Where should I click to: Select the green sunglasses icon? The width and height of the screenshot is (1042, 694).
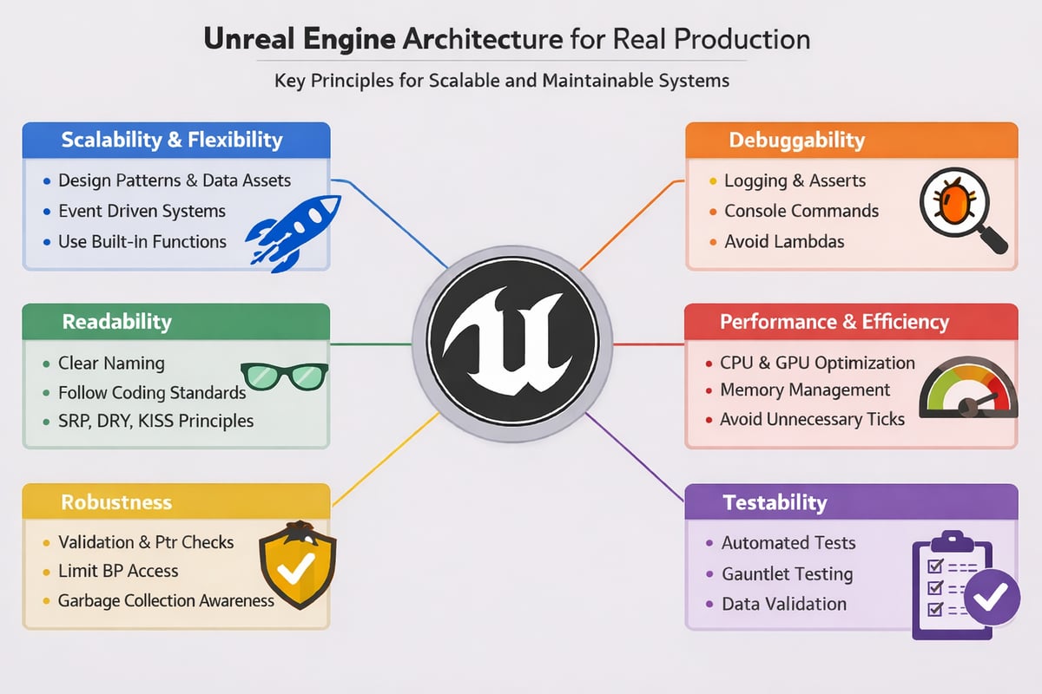coord(283,376)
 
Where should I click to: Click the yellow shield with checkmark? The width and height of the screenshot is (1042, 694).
coord(298,563)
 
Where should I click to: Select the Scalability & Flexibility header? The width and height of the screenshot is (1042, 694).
coord(172,140)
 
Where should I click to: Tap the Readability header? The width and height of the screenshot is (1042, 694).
coord(116,322)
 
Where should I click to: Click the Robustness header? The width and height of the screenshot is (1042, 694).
coord(116,502)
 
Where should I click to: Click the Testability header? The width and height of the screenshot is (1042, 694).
coord(775,502)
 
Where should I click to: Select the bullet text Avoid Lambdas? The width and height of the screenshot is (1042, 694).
coord(784,242)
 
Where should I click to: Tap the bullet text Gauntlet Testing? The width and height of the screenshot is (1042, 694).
coord(787,574)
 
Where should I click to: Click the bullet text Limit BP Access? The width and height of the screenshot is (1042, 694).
coord(118,571)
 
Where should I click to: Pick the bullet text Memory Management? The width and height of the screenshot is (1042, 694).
coord(805,390)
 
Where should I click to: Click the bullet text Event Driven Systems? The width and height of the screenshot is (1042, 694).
coord(142,211)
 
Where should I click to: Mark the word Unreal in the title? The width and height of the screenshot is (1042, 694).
coord(254,40)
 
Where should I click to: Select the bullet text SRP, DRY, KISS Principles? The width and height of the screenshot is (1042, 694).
coord(155,421)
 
